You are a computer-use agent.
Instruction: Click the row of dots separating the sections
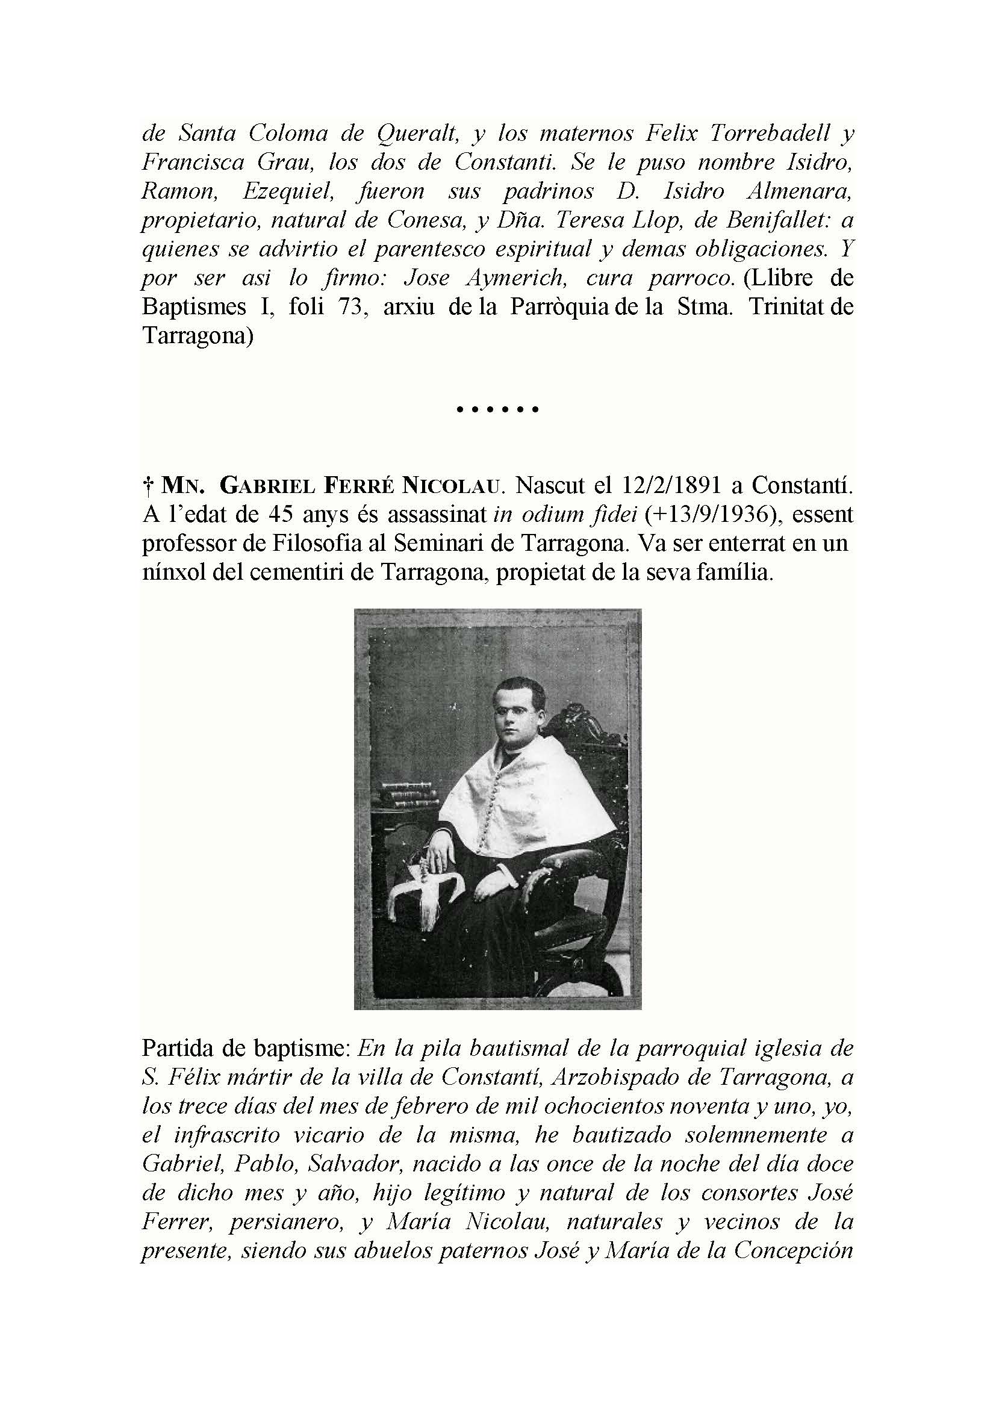point(497,409)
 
